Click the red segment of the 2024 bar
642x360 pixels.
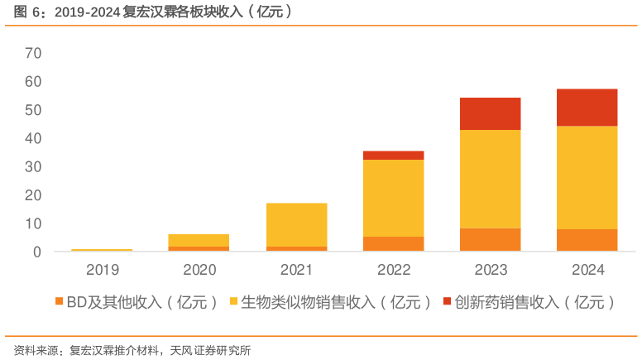coord(587,107)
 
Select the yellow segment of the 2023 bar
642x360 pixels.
coord(490,179)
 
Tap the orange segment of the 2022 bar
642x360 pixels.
coord(393,243)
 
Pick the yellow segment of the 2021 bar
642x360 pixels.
coord(296,224)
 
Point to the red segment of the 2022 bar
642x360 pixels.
coord(393,156)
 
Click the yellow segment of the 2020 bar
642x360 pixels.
coord(199,240)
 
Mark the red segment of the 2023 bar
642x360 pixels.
coord(490,113)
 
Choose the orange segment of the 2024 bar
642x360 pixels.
coord(587,240)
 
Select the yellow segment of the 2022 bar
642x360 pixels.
coord(393,198)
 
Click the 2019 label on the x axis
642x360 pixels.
coord(103,270)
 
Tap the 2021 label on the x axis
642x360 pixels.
coord(296,270)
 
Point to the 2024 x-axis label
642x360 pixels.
coord(587,270)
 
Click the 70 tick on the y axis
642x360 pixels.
coord(33,54)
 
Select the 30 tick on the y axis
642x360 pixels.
coord(33,167)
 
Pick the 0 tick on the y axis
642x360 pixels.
coord(36,252)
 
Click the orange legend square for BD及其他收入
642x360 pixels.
coord(60,302)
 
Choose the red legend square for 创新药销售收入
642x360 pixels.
coord(448,302)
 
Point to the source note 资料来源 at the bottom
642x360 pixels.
coord(132,349)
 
